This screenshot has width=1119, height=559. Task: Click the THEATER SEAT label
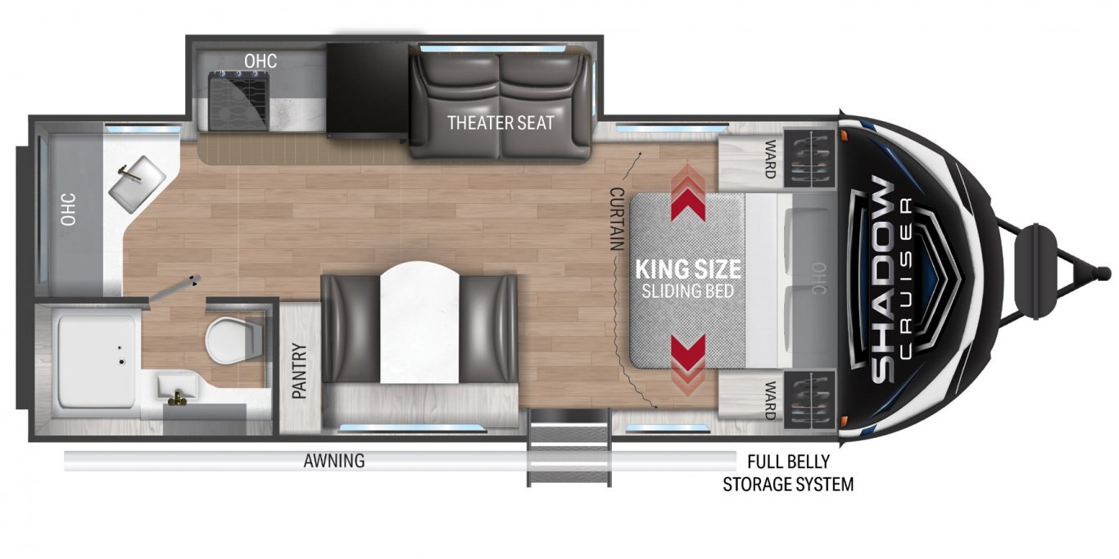pyautogui.click(x=501, y=123)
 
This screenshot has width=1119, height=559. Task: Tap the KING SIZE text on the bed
pyautogui.click(x=688, y=269)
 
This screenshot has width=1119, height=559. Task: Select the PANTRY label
pyautogui.click(x=299, y=371)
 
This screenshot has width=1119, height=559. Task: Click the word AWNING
pyautogui.click(x=334, y=460)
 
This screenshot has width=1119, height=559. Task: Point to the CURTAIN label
pyautogui.click(x=617, y=219)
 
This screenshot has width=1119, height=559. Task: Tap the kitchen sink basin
pyautogui.click(x=138, y=184)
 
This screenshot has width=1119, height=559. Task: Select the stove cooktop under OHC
pyautogui.click(x=238, y=100)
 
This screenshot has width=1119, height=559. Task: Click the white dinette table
pyautogui.click(x=419, y=322)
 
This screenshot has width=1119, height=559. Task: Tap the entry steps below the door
pyautogui.click(x=569, y=447)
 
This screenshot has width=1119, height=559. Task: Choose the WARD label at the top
pyautogui.click(x=770, y=159)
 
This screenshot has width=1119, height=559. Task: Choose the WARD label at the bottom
pyautogui.click(x=770, y=400)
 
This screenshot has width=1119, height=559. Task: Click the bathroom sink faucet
pyautogui.click(x=177, y=397)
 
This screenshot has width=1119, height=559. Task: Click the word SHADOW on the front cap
pyautogui.click(x=882, y=279)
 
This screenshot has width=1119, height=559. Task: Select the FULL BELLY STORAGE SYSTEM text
pyautogui.click(x=788, y=473)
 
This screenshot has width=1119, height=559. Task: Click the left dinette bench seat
pyautogui.click(x=350, y=329)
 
